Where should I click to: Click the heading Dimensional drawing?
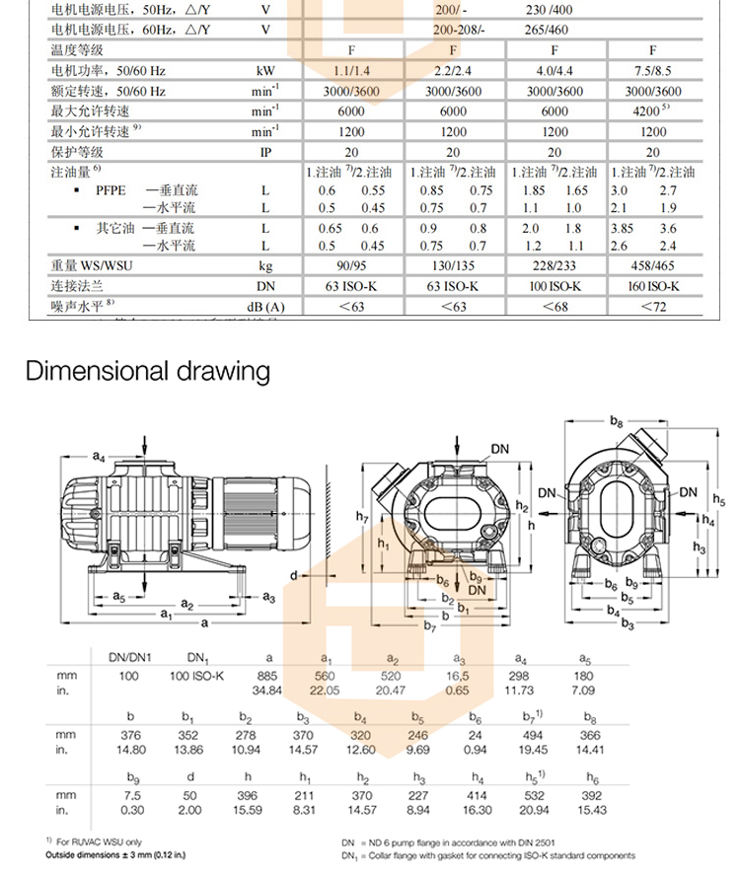pos(148,372)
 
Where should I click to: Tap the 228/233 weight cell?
pos(554,265)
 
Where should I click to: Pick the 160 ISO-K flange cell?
pos(652,286)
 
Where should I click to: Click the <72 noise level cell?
pos(652,307)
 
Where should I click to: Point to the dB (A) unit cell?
pos(265,307)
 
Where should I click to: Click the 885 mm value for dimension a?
pos(265,675)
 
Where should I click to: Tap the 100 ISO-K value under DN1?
pos(197,675)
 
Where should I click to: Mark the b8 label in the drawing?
pos(617,422)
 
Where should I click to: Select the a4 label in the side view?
pos(99,456)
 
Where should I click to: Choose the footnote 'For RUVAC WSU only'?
pos(93,839)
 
